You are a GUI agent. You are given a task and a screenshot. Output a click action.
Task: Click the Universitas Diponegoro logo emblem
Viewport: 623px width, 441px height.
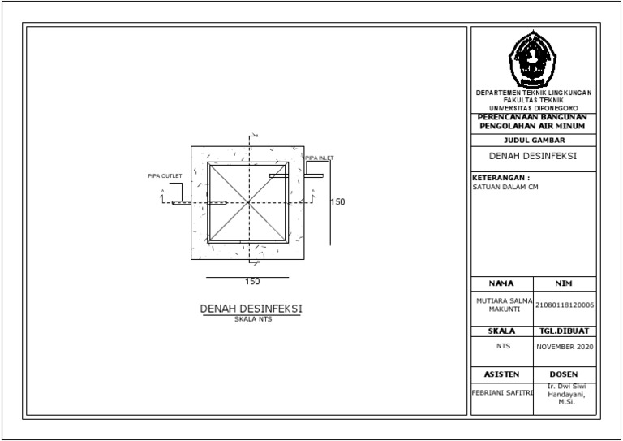click(533, 61)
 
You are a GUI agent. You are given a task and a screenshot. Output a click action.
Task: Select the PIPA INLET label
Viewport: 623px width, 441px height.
click(318, 158)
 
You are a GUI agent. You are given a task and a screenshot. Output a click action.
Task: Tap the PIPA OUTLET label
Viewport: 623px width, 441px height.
click(165, 175)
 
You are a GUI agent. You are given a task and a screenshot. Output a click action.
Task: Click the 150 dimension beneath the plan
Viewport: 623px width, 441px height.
click(252, 282)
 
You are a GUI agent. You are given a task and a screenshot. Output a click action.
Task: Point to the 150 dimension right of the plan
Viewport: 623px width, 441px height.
click(337, 202)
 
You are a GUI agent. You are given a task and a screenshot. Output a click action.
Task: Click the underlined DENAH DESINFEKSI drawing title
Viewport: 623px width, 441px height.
click(251, 309)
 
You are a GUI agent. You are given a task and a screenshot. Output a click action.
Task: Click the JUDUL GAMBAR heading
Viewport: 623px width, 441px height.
click(533, 140)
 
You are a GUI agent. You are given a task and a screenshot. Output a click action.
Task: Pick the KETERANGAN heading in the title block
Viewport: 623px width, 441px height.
click(501, 176)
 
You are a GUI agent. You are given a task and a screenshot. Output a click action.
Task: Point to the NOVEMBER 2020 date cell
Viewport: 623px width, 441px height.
click(565, 347)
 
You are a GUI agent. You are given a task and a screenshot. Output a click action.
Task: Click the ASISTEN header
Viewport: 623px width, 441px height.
click(501, 374)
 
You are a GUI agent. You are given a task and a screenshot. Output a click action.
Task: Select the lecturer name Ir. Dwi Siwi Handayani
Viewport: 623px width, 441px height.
click(565, 394)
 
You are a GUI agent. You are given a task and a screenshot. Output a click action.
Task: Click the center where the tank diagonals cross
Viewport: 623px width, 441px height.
click(249, 202)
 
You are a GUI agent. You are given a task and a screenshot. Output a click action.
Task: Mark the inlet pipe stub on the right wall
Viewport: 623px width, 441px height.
click(313, 175)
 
